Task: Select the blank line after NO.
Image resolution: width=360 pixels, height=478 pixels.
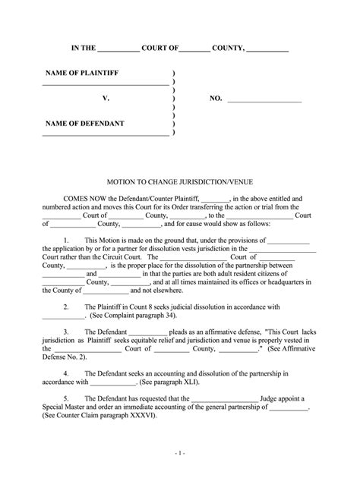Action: (265, 99)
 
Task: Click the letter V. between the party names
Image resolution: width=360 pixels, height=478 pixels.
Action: (106, 99)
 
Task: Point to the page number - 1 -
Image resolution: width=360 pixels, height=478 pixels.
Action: (180, 453)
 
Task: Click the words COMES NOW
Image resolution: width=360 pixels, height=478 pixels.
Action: (84, 196)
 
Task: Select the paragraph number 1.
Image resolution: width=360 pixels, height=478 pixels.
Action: (66, 238)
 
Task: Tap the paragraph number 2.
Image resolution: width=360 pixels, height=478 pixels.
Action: (66, 307)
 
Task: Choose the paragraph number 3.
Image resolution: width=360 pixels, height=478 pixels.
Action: (66, 332)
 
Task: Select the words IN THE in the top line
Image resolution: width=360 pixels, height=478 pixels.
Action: (84, 48)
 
